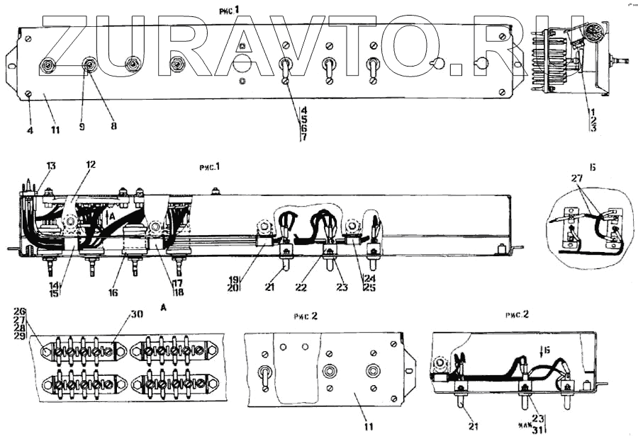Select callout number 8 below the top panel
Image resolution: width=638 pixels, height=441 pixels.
point(113,127)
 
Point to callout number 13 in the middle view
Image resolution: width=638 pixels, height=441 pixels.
point(51,165)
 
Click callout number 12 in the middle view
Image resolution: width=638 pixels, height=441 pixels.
point(91,165)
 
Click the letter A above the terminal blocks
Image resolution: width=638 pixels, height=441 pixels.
point(164,308)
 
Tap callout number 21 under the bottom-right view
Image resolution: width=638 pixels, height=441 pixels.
point(473,428)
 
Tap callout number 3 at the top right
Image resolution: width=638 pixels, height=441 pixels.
point(593,128)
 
